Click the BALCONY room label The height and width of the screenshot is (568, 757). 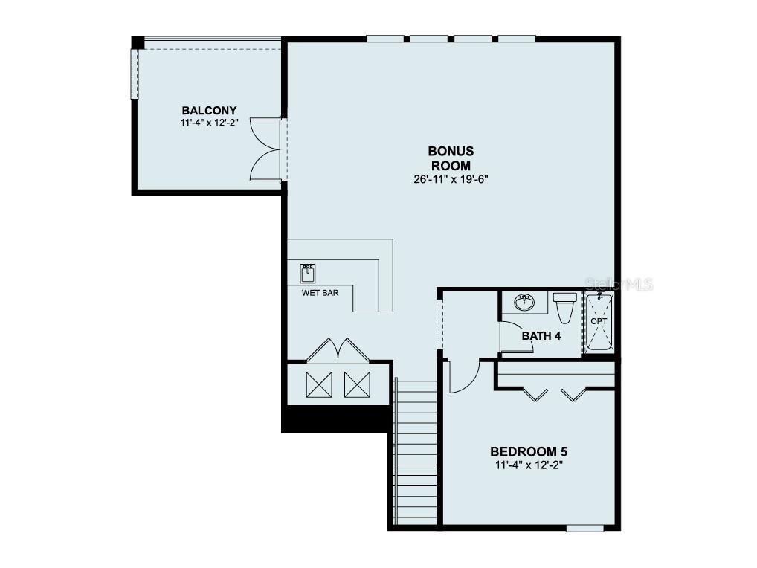point(209,111)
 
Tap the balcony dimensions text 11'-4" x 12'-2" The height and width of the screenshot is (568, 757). point(209,123)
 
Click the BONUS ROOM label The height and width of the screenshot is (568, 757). point(451,158)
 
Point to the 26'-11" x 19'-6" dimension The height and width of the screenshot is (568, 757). point(451,179)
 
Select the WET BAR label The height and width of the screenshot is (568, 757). point(320,292)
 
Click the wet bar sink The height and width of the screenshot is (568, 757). point(307,274)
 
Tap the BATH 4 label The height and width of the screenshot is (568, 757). point(541,336)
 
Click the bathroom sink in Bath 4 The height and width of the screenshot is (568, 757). point(524,303)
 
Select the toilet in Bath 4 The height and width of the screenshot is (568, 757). point(564,307)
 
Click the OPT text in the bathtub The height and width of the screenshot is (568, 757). point(599,321)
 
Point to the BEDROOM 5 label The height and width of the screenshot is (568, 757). point(529,452)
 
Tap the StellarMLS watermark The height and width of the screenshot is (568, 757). point(618,284)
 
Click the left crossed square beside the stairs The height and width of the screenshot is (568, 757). point(319,384)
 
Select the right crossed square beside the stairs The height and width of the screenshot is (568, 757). point(357,384)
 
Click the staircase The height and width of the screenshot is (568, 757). point(416,452)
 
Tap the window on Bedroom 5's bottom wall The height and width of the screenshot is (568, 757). point(584,529)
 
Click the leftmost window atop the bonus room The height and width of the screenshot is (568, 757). point(384,39)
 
